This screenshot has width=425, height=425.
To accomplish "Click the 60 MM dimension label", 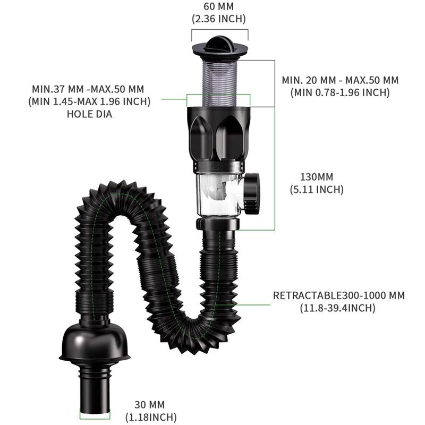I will tap(218, 7).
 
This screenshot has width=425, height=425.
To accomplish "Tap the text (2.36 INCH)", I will tap(218, 19).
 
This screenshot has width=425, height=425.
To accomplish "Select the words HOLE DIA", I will tap(89, 113).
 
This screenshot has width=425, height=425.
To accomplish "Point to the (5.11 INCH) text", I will tap(316, 189).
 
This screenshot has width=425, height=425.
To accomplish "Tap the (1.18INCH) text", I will tap(151, 418).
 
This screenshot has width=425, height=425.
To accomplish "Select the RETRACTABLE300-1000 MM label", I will tap(338, 295).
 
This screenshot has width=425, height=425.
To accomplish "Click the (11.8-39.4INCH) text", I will tap(338, 308).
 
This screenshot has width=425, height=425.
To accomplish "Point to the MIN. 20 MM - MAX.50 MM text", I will tap(340, 80).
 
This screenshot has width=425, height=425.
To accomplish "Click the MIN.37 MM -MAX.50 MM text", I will tap(88, 88).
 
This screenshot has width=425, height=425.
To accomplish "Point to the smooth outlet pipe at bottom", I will tap(95, 390).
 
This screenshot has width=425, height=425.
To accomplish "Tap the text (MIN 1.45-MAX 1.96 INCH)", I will tap(89, 101).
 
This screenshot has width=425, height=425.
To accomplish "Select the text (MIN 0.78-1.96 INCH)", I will tap(340, 92).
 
